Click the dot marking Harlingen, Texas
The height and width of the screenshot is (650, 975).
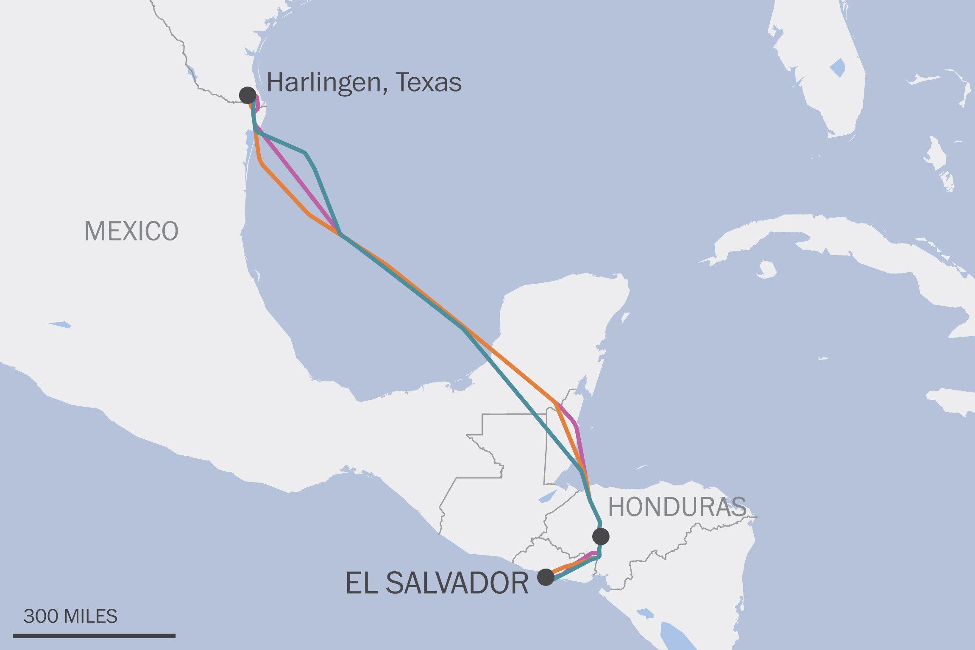[248, 95]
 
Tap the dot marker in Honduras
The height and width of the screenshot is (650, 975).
[601, 536]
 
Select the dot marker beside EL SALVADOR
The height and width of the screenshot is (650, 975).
[546, 577]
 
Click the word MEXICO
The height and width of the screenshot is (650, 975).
[131, 231]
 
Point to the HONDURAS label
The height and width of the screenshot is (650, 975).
[677, 507]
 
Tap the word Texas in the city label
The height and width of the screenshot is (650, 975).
[429, 83]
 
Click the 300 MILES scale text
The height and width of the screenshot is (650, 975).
[70, 616]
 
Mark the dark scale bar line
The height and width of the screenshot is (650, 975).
[94, 636]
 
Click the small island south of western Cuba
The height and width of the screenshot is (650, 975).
[767, 269]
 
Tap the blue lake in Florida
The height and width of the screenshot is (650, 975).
[838, 68]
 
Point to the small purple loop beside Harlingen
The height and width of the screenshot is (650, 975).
[257, 103]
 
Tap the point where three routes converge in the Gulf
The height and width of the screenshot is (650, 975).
[340, 234]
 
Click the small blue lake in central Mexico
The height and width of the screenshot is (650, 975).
[60, 324]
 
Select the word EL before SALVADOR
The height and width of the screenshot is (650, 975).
[362, 583]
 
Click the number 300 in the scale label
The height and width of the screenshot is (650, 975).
[41, 616]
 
